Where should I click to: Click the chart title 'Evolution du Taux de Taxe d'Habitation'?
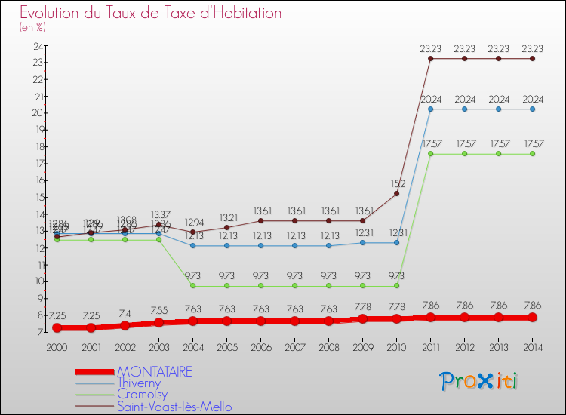[151, 13]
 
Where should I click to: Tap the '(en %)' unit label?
[32, 27]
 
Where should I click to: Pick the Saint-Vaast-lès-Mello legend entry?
[174, 407]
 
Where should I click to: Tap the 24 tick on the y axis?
[37, 46]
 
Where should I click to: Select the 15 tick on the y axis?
[37, 197]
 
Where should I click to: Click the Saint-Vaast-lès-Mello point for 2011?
[430, 58]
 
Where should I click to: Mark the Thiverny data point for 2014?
[532, 109]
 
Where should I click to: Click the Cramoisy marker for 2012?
[464, 153]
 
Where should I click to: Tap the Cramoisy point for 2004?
[192, 285]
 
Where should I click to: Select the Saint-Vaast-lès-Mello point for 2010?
[396, 193]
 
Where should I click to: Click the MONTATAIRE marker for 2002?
[125, 325]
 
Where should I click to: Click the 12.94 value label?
[192, 222]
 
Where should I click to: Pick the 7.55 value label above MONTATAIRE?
[158, 310]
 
